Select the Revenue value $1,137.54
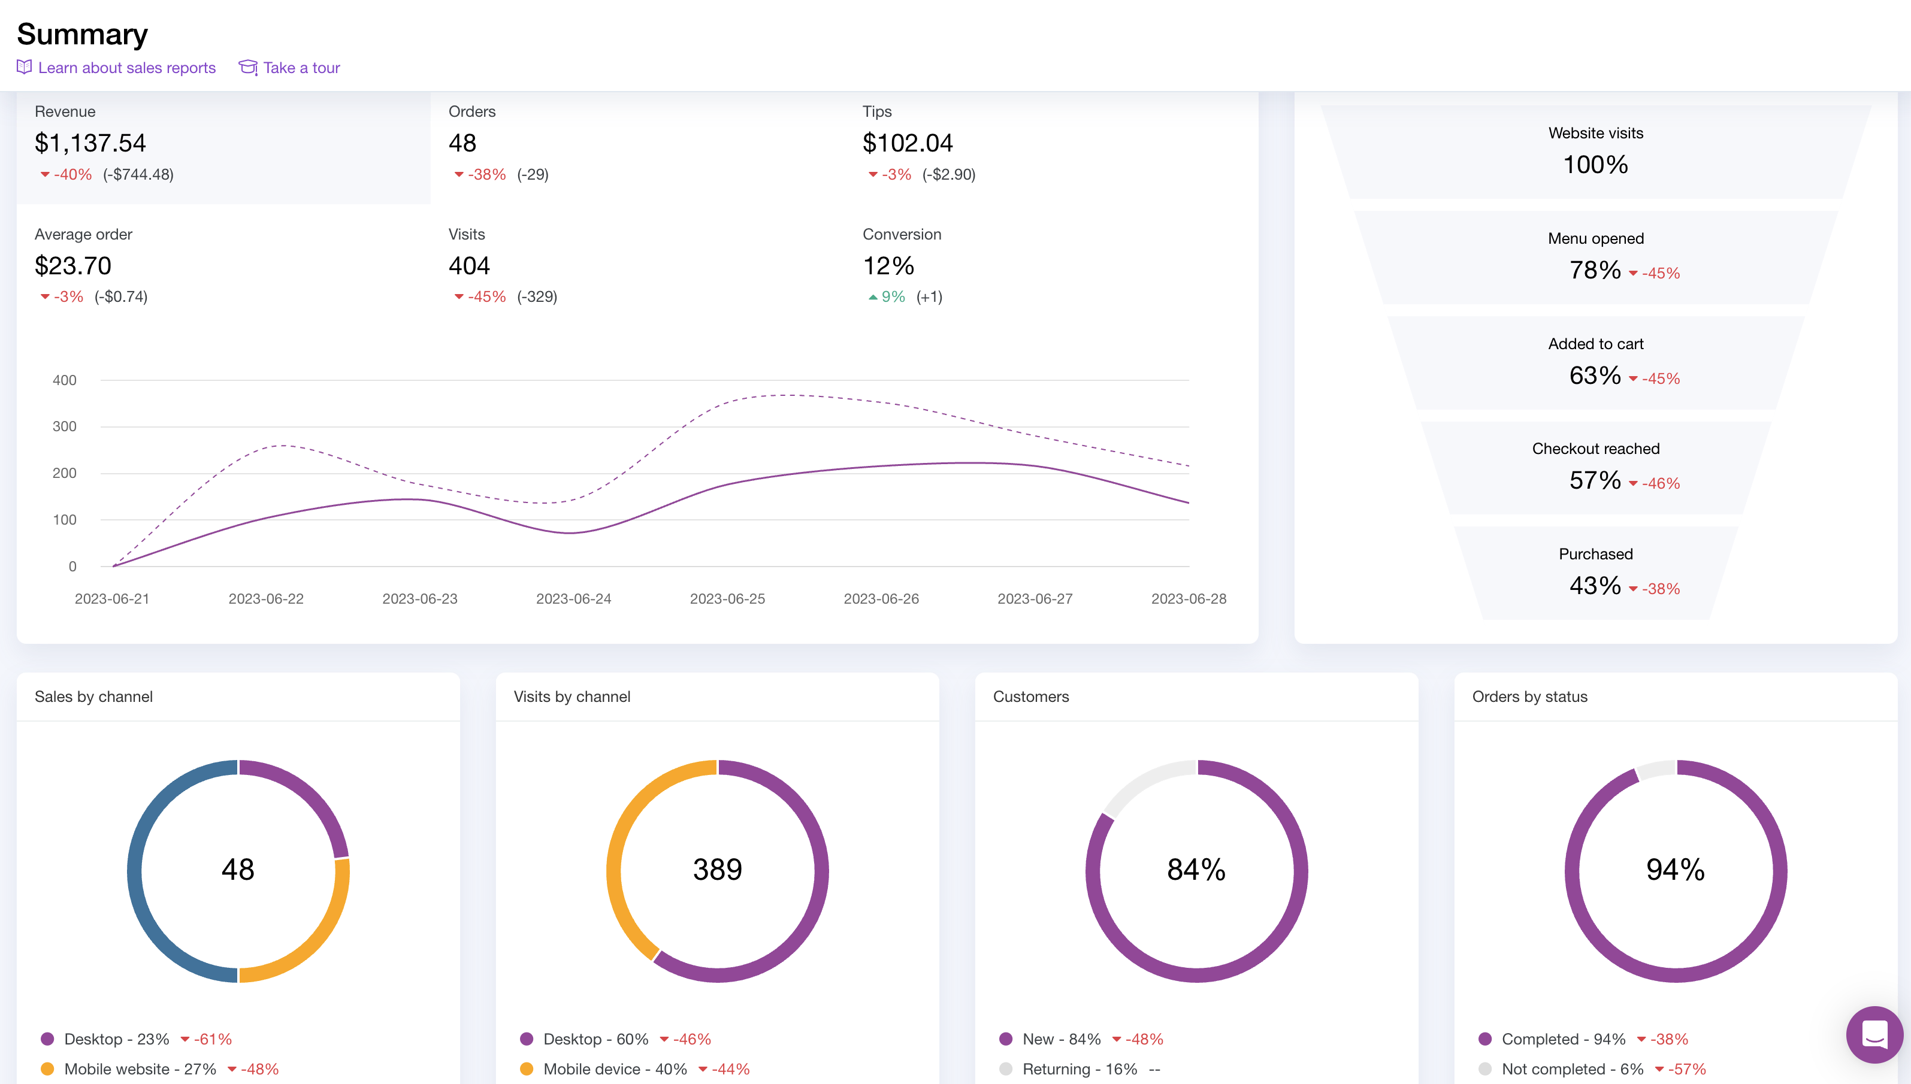coord(90,143)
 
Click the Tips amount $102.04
coord(907,143)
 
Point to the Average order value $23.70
coord(73,266)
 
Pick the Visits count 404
coord(469,266)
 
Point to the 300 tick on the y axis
coord(64,426)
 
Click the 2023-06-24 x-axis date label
coord(573,598)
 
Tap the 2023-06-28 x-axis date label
coord(1189,598)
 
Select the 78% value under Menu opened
coord(1595,270)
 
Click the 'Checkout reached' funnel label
coord(1595,449)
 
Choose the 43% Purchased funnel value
coord(1595,586)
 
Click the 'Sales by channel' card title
coord(94,697)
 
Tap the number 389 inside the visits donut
coord(717,870)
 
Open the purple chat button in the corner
coord(1874,1035)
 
